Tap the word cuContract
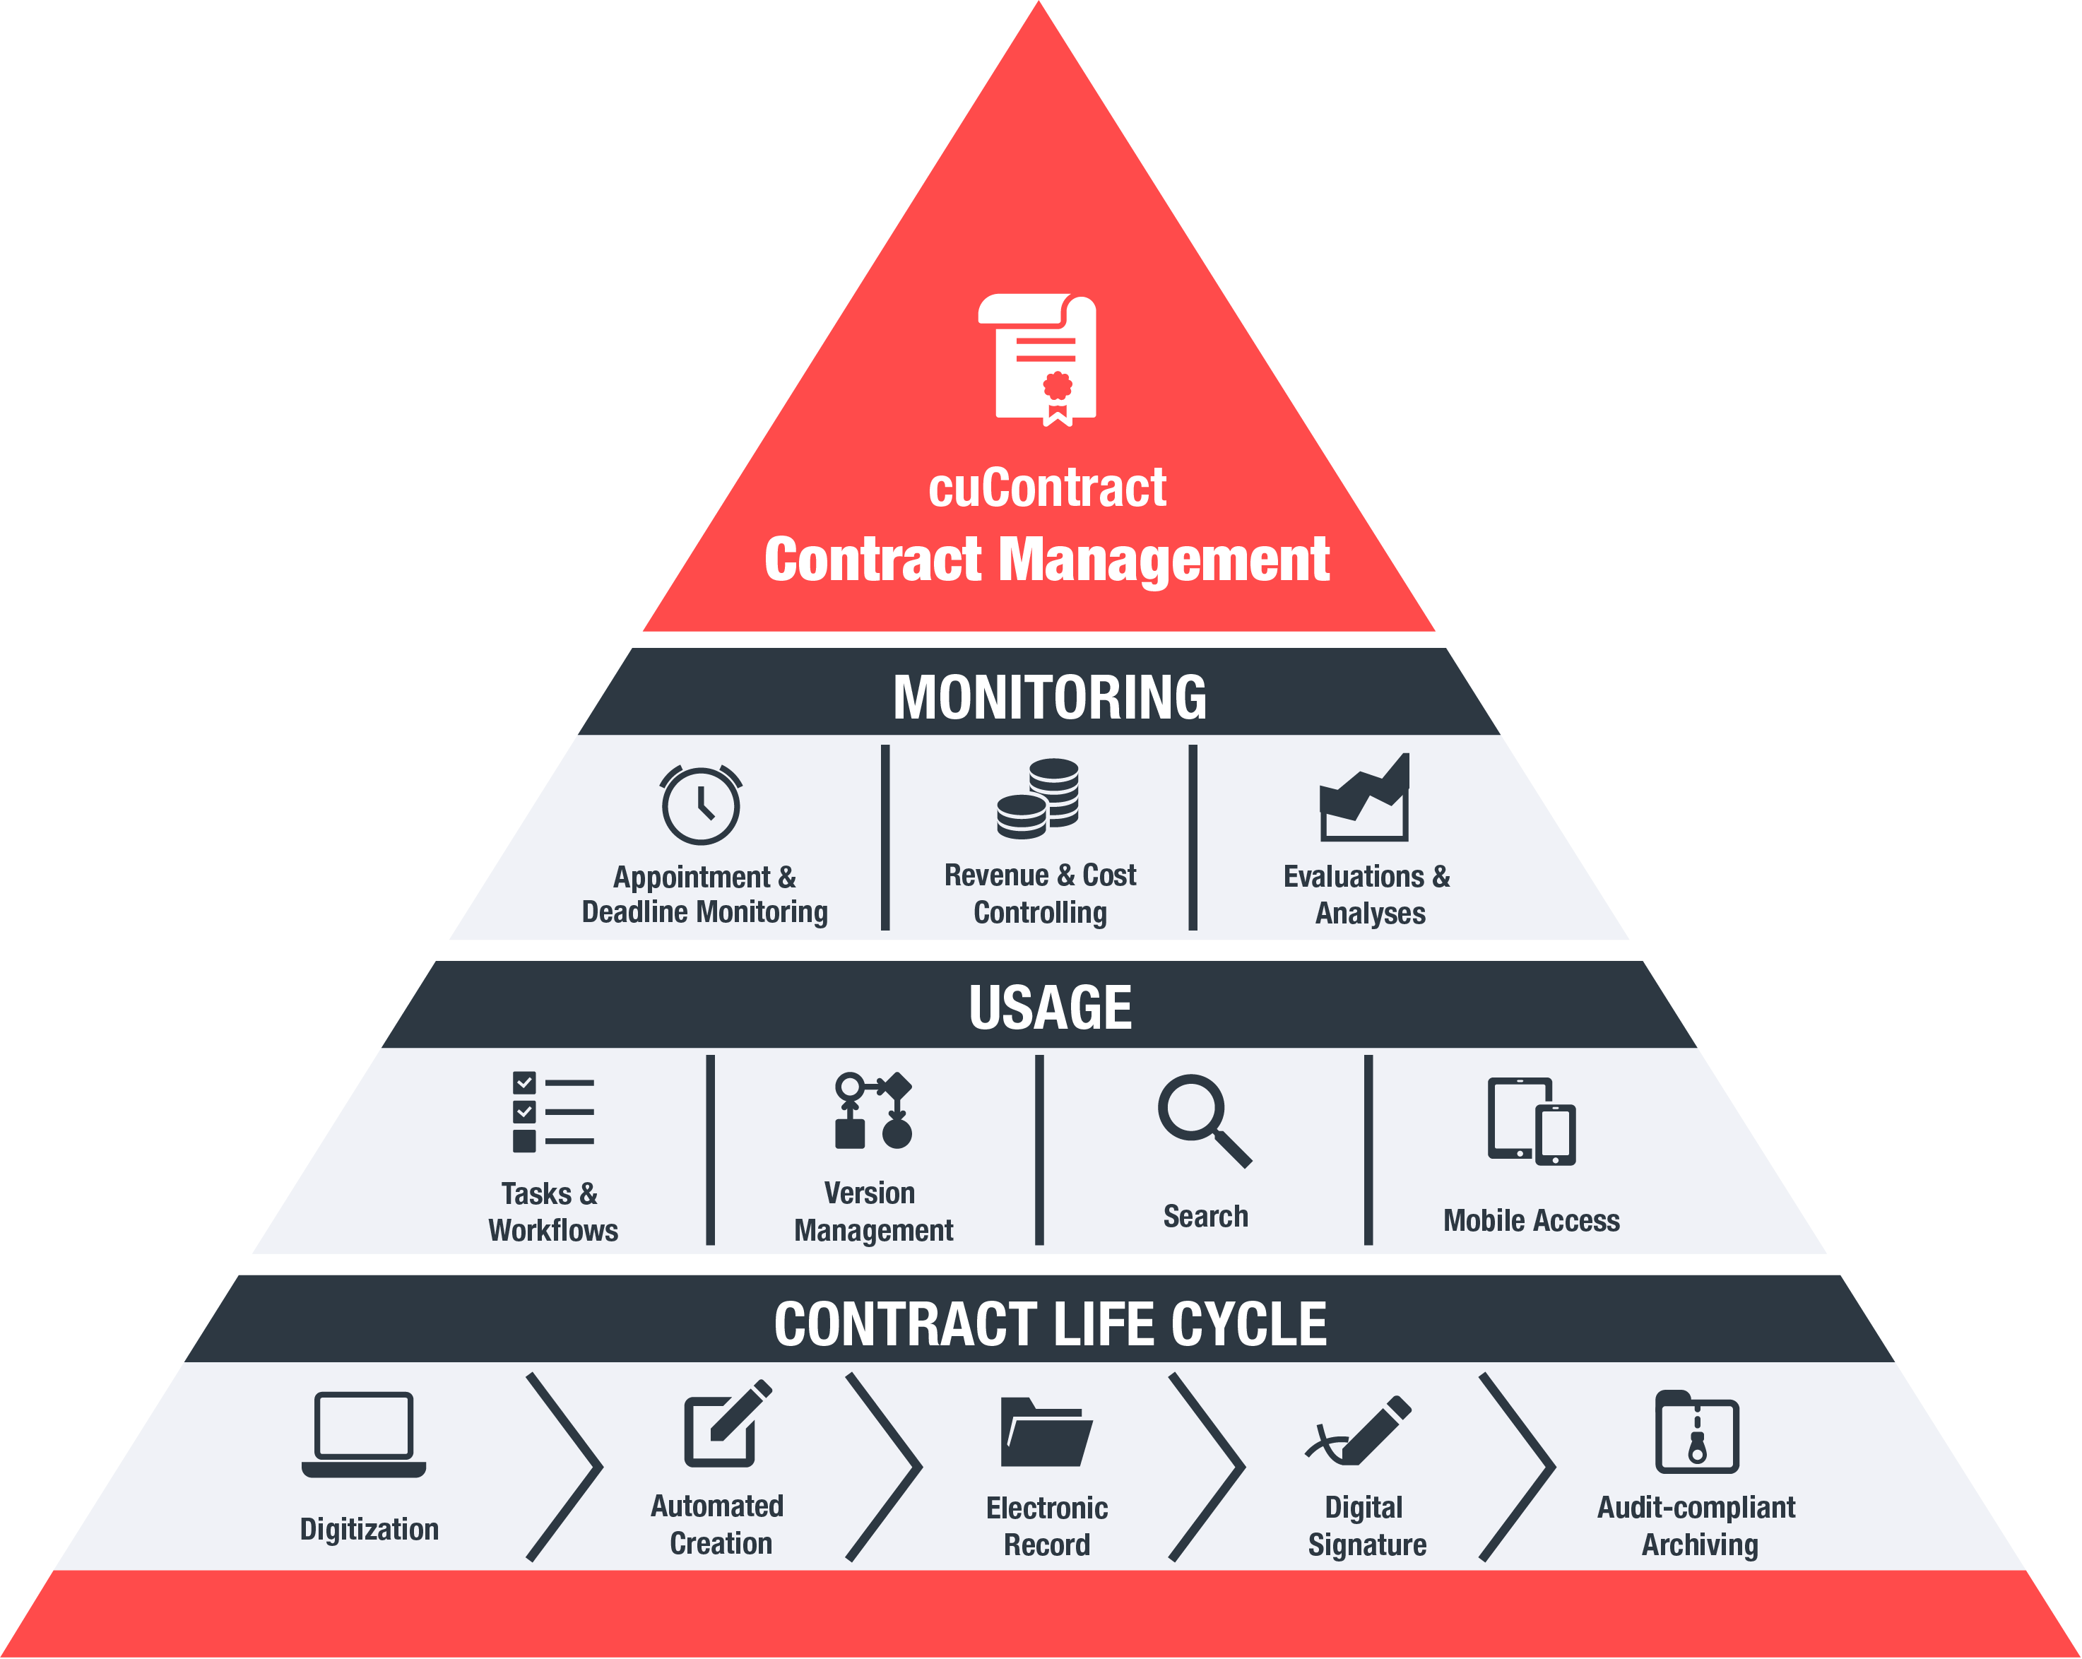point(1047,488)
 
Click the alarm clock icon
point(701,804)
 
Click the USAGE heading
point(1050,1007)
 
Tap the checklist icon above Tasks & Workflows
point(552,1111)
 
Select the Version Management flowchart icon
point(873,1111)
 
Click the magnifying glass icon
point(1203,1119)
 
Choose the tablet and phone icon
point(1531,1121)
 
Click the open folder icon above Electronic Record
point(1046,1432)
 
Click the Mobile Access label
point(1531,1221)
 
